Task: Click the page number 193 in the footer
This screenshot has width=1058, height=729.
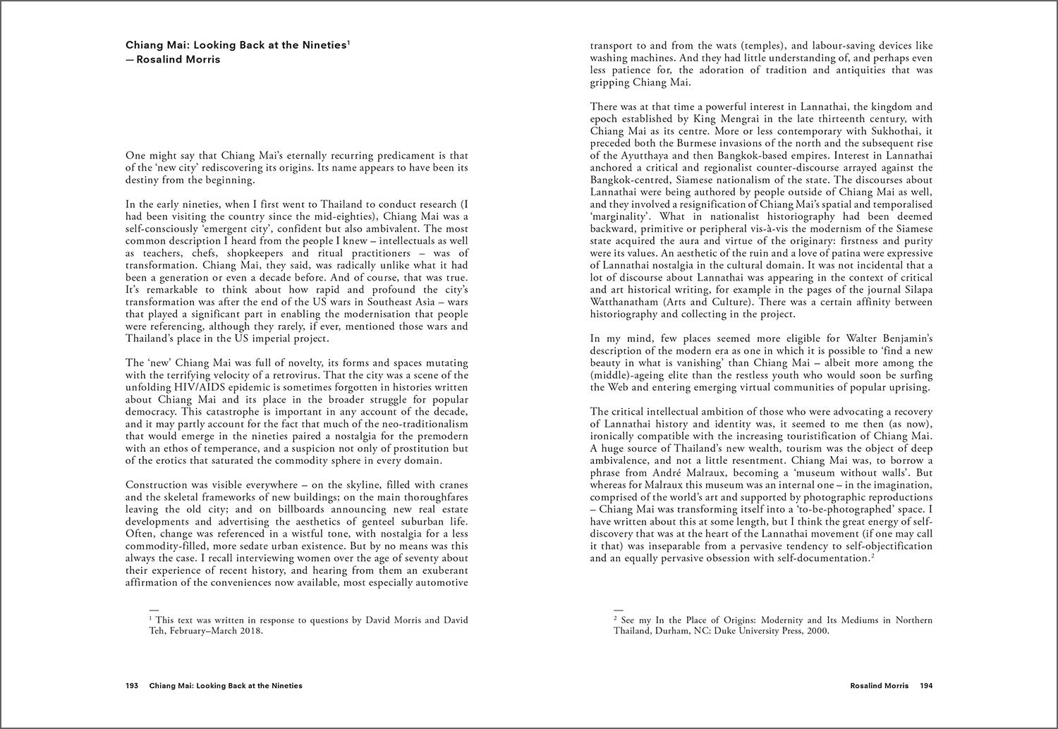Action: (132, 685)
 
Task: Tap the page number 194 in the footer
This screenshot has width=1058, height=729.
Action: (926, 685)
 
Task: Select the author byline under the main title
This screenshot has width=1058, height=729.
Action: (173, 59)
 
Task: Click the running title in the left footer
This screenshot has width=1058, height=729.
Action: (226, 685)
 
